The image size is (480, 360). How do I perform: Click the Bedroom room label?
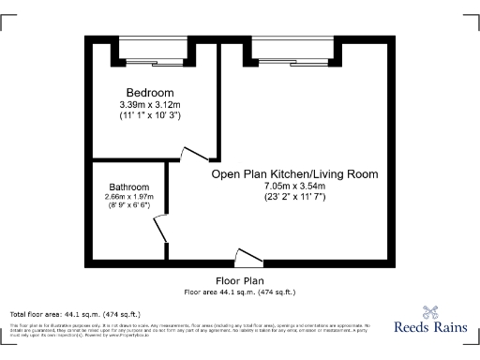pyautogui.click(x=151, y=93)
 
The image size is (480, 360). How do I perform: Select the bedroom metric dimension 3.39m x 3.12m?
pyautogui.click(x=150, y=104)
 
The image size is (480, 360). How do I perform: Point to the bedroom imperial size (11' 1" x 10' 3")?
pyautogui.click(x=150, y=115)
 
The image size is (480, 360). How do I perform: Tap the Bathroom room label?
pyautogui.click(x=129, y=187)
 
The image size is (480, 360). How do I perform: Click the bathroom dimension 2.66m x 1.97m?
pyautogui.click(x=129, y=197)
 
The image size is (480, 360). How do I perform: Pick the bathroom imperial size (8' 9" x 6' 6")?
pyautogui.click(x=129, y=206)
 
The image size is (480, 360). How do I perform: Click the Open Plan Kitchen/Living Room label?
pyautogui.click(x=294, y=173)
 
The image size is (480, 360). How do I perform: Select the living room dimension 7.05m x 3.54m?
pyautogui.click(x=294, y=187)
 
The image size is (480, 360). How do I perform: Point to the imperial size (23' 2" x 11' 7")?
pyautogui.click(x=294, y=198)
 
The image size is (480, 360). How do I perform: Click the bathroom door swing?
pyautogui.click(x=160, y=228)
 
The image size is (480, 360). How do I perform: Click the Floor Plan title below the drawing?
pyautogui.click(x=240, y=280)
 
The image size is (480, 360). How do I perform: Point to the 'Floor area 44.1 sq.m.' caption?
pyautogui.click(x=240, y=292)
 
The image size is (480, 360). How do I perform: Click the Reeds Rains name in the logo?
pyautogui.click(x=430, y=329)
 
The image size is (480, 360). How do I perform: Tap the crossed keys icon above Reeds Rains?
pyautogui.click(x=430, y=312)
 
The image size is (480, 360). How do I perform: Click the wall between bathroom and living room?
pyautogui.click(x=168, y=187)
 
